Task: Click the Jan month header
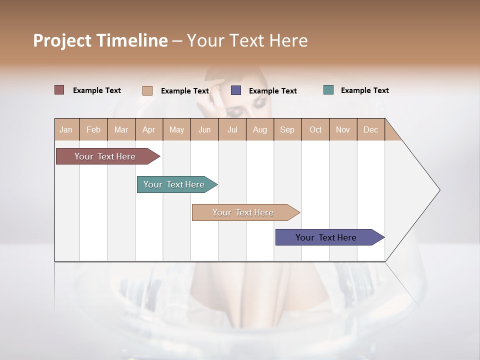[66, 129]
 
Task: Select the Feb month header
[93, 129]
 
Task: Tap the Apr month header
[148, 129]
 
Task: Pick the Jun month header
[204, 129]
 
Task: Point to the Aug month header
[259, 129]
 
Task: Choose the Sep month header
[287, 129]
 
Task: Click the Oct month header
[315, 129]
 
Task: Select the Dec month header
[370, 129]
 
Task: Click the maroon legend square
[59, 90]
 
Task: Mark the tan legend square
[147, 90]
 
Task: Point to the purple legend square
[236, 90]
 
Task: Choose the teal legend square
[328, 90]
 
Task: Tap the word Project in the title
[62, 40]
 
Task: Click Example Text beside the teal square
[364, 90]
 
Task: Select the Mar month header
[121, 129]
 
